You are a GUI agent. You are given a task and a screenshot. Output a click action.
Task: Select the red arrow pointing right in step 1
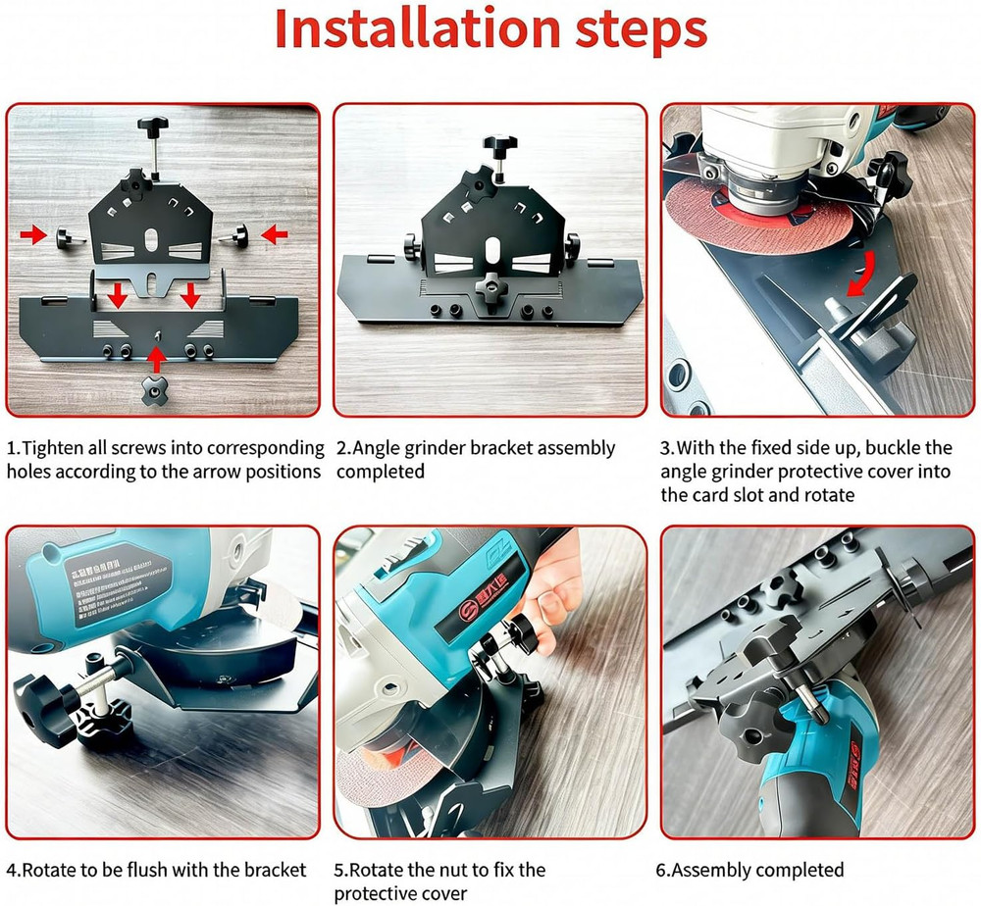[33, 234]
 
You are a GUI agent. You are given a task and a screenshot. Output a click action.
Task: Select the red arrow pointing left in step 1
[275, 234]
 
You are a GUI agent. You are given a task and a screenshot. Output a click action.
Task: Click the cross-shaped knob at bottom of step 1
[154, 389]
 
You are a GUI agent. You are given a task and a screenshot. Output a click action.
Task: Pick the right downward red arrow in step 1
[190, 294]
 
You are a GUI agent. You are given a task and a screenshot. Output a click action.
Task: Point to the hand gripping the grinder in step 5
[549, 588]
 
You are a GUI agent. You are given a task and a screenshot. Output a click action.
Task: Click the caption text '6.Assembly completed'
[749, 870]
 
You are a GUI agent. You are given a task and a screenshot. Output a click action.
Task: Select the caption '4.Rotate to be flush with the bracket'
[156, 870]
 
